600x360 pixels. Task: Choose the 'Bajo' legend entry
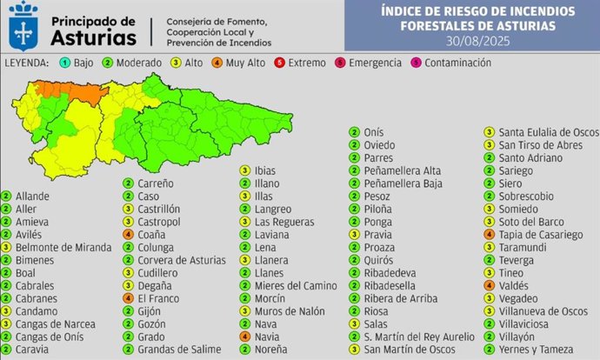point(81,63)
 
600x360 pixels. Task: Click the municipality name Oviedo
point(381,145)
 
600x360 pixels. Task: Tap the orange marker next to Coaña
point(129,234)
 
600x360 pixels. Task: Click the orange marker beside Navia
point(246,337)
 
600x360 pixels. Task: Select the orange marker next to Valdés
point(491,284)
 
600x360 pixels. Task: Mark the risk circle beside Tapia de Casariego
point(491,234)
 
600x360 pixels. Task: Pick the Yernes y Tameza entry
point(537,348)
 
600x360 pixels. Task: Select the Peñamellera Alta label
point(403,170)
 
